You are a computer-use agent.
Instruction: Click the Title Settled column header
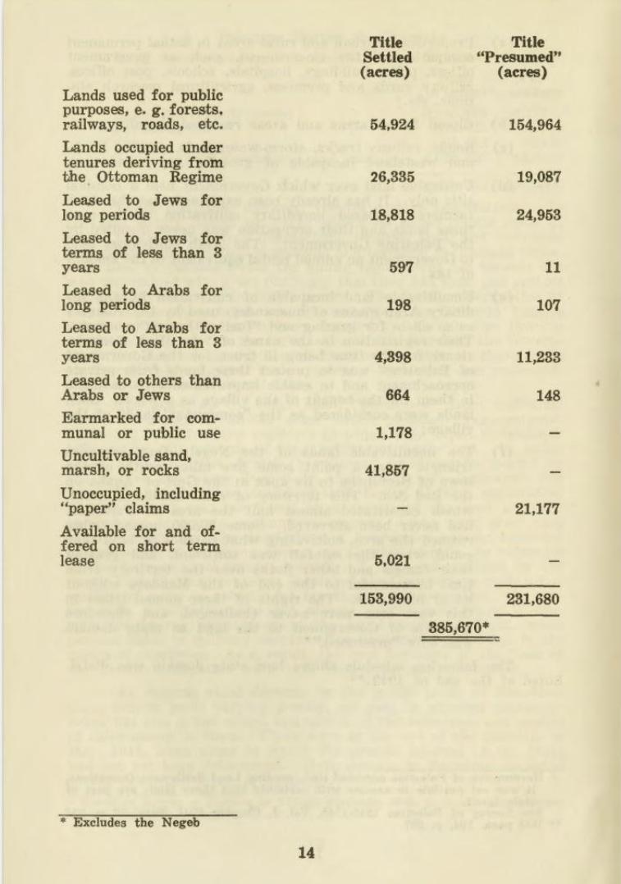(x=386, y=57)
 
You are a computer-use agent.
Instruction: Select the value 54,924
(x=392, y=125)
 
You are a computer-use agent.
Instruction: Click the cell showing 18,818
(x=392, y=216)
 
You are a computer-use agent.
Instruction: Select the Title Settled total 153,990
(x=387, y=599)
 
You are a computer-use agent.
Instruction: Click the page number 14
(x=306, y=853)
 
